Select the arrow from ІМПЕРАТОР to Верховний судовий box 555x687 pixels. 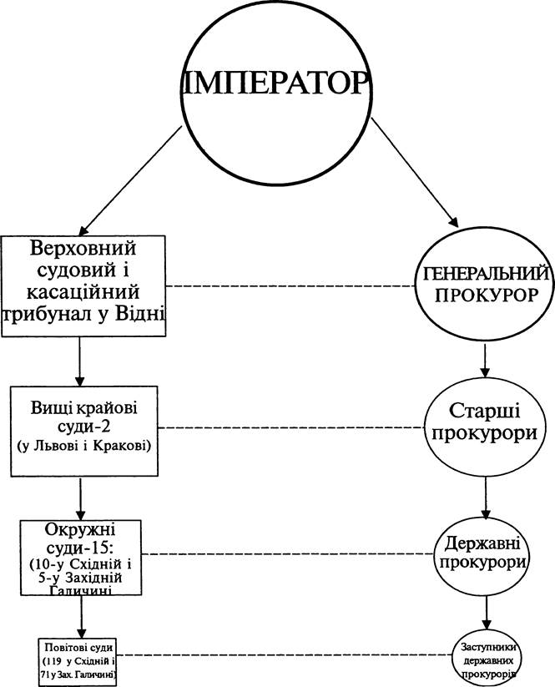(x=130, y=180)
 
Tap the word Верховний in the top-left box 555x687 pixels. (x=83, y=249)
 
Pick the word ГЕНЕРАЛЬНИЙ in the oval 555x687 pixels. (x=486, y=274)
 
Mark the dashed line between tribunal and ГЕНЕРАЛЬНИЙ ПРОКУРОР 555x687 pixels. (x=290, y=286)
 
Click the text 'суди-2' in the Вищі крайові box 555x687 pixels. (x=83, y=427)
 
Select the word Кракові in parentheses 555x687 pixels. (x=128, y=446)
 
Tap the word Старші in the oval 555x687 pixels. (x=485, y=412)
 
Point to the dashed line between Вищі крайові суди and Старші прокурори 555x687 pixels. (x=291, y=427)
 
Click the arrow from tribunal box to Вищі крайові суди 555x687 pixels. (x=79, y=361)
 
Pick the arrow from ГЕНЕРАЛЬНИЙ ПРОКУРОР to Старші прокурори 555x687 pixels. (x=485, y=361)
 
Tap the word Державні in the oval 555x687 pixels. (x=482, y=543)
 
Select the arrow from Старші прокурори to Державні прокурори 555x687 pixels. (x=486, y=498)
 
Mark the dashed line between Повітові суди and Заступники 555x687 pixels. (x=285, y=655)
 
